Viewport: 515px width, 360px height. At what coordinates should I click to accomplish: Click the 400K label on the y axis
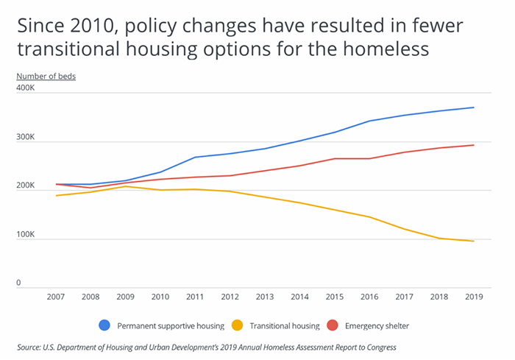coord(26,88)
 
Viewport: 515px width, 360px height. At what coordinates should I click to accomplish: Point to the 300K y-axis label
coord(26,138)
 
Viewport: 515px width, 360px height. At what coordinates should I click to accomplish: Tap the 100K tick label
coord(26,235)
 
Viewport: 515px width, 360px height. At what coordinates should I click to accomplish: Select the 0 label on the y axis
coord(19,283)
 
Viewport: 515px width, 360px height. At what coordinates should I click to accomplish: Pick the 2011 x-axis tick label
coord(194,297)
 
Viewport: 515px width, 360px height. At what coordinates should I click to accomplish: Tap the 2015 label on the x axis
coord(334,297)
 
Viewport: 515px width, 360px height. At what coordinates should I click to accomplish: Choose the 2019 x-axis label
coord(473,297)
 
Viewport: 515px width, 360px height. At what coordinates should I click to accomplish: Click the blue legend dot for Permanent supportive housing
coord(105,325)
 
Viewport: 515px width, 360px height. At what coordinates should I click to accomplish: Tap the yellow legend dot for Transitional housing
coord(238,325)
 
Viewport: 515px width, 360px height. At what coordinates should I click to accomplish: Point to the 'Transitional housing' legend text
coord(284,325)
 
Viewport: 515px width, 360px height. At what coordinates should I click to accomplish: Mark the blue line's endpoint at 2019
coord(473,107)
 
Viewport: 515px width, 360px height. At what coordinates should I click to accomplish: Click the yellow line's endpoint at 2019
coord(473,241)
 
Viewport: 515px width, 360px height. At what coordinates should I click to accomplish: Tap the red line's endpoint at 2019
coord(473,145)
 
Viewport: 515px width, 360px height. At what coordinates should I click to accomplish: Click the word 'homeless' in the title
coord(376,50)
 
